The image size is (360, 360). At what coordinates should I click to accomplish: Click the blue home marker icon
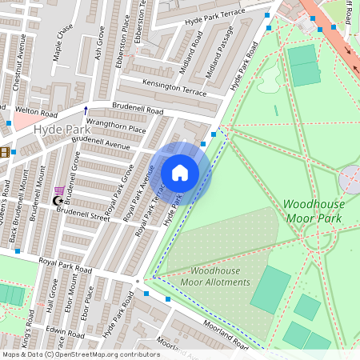[180, 173]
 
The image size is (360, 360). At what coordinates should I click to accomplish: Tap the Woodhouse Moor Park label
[314, 210]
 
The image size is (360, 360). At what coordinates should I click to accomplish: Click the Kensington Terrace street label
[174, 87]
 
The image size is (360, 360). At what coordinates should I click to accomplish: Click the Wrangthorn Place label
[116, 125]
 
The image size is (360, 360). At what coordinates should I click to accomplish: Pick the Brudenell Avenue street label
[100, 142]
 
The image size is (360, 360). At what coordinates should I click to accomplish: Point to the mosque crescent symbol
[58, 201]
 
